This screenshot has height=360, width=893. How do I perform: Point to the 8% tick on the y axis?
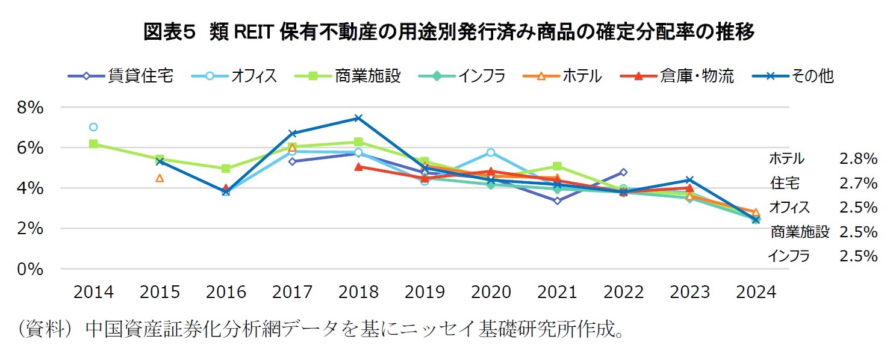click(x=31, y=108)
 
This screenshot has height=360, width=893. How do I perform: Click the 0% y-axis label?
click(x=31, y=270)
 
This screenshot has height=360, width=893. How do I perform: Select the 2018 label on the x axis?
click(x=358, y=293)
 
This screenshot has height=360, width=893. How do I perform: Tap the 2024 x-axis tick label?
click(x=756, y=293)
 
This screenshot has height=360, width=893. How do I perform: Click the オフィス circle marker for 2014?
click(x=93, y=127)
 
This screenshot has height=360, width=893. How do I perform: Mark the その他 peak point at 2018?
click(x=358, y=118)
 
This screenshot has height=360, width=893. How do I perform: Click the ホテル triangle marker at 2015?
click(x=160, y=178)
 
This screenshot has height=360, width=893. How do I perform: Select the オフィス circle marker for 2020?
click(x=491, y=152)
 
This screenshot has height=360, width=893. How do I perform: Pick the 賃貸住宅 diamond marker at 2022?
click(x=623, y=172)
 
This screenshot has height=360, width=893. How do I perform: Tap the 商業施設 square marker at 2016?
click(x=226, y=169)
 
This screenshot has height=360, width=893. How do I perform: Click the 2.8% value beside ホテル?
click(x=857, y=159)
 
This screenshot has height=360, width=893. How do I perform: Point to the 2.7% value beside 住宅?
click(x=857, y=183)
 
